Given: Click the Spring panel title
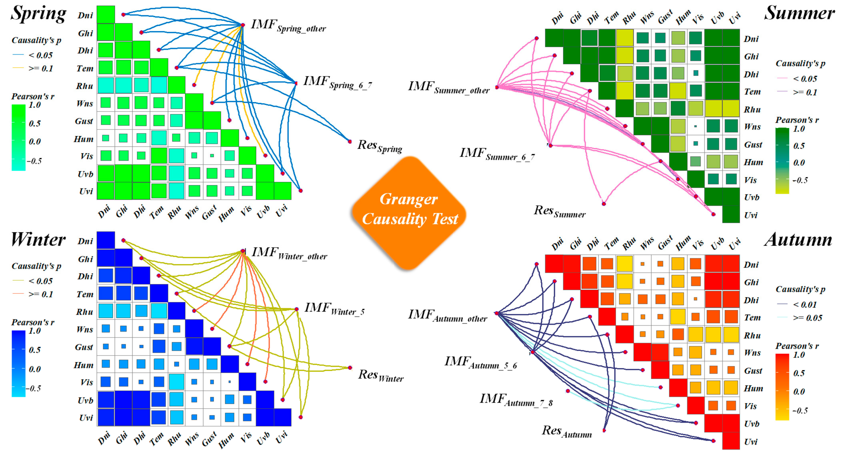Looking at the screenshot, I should point(39,14).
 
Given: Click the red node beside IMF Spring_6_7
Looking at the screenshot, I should point(296,83).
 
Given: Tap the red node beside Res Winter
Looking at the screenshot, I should point(350,368).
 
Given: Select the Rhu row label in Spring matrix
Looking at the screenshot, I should point(84,86).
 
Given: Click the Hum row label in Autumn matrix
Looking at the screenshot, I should point(753,388).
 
